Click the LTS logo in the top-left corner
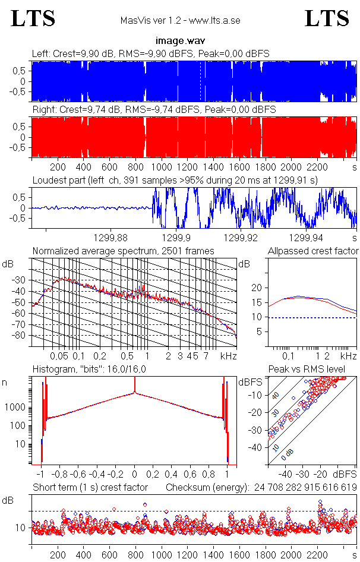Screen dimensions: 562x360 (x=33, y=19)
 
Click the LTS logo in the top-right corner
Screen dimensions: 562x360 (x=327, y=19)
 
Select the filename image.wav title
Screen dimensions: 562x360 (x=180, y=41)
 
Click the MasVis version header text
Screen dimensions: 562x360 (x=180, y=21)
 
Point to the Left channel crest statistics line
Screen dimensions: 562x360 (x=151, y=54)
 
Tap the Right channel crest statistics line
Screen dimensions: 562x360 (x=153, y=110)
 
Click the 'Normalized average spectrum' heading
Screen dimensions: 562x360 (x=123, y=251)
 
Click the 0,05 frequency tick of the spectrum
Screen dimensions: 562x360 (x=59, y=356)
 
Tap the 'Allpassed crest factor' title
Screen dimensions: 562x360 (x=313, y=251)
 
